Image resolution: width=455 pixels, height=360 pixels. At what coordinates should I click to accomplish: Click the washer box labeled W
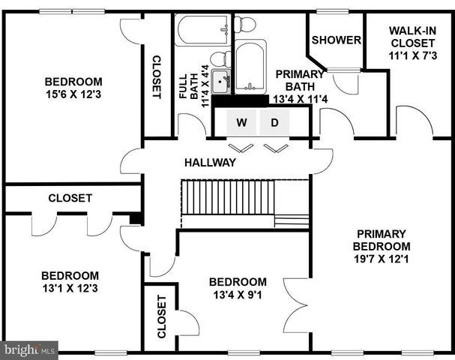[241, 122]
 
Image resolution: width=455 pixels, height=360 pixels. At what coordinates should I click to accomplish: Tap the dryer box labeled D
[274, 122]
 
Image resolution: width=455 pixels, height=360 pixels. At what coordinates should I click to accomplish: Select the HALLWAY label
[211, 162]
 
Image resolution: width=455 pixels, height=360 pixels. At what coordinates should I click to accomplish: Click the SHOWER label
[337, 40]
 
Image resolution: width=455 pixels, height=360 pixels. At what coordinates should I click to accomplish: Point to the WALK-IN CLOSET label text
[412, 37]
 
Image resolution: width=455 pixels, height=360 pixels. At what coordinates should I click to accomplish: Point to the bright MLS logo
[29, 349]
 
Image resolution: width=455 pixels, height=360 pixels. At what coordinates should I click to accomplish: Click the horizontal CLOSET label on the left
[70, 198]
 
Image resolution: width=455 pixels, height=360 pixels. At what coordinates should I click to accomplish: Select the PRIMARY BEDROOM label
[382, 239]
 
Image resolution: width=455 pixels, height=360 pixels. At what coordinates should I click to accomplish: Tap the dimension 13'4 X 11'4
[299, 98]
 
